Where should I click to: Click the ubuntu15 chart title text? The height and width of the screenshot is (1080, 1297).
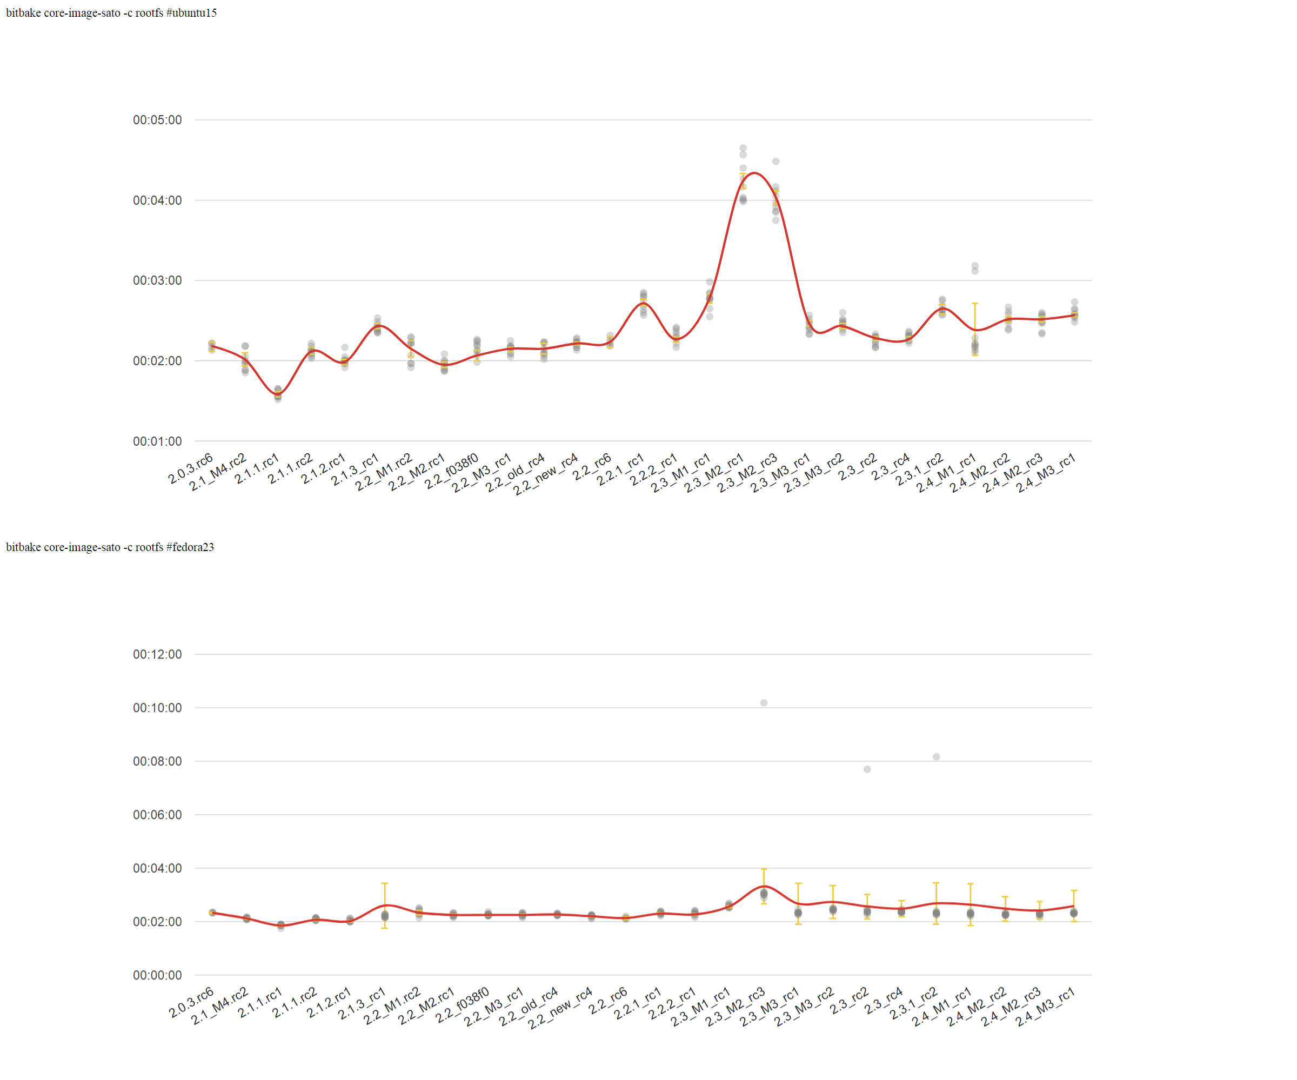111,13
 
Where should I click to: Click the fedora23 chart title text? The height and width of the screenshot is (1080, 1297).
110,547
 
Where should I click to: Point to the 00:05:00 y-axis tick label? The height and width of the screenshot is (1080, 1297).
157,120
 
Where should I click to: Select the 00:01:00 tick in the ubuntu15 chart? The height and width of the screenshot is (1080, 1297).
157,441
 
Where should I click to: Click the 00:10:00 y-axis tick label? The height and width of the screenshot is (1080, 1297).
157,708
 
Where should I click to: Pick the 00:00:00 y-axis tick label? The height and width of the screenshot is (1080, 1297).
157,976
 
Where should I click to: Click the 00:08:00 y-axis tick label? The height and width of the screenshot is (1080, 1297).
157,761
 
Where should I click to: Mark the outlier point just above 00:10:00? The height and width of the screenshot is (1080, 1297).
764,703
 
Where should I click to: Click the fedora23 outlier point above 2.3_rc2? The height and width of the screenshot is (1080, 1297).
867,769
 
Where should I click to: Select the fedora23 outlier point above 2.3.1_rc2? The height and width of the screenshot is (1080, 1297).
937,757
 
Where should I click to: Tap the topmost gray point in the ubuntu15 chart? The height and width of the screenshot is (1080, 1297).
743,148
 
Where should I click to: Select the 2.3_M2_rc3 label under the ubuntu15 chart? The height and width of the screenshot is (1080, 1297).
746,474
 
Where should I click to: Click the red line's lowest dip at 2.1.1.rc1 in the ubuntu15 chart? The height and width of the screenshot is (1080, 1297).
277,394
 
